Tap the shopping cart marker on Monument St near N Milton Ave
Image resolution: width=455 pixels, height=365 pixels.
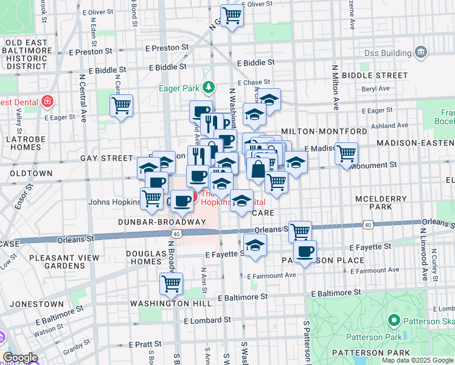[346, 153]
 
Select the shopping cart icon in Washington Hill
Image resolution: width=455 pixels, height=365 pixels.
[172, 283]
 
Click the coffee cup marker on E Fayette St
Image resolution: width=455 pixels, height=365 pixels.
[305, 250]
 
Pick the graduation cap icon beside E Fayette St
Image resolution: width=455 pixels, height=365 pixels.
[255, 245]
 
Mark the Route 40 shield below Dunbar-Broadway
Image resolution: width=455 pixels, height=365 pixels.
[176, 233]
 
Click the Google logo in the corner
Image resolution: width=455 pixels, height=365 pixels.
[21, 358]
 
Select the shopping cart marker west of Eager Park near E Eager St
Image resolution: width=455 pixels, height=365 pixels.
[121, 105]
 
